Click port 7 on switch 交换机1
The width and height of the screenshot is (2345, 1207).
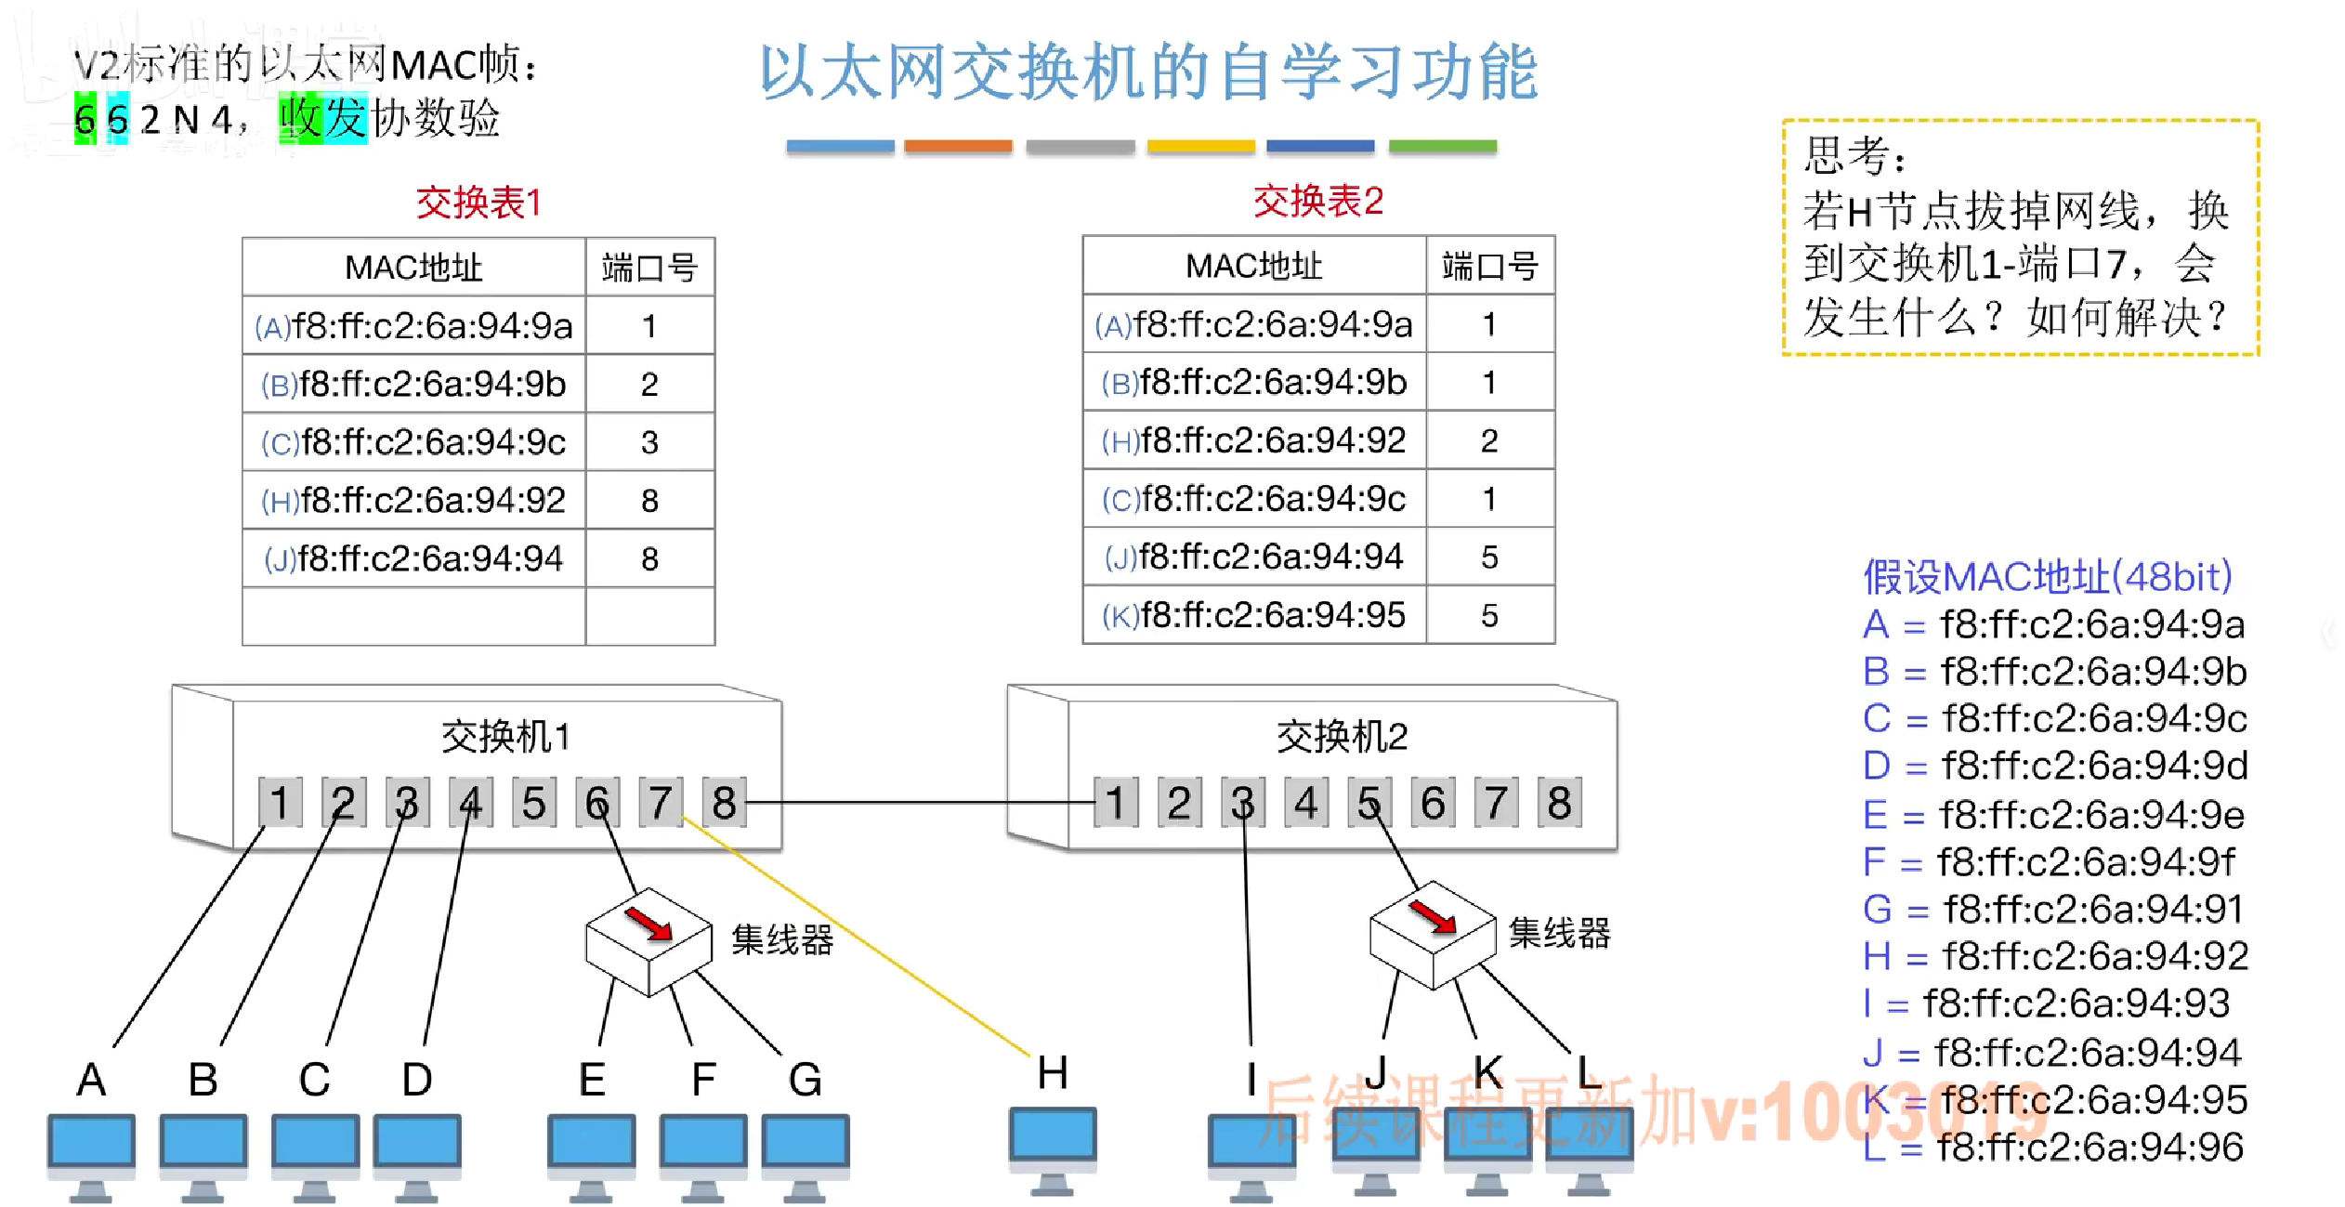pos(660,802)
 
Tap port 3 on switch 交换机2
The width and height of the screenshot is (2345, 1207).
pos(1242,802)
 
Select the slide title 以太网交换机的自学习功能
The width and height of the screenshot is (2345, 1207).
pos(1148,72)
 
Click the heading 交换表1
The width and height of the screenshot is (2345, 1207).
pos(478,203)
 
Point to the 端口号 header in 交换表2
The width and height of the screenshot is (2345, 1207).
pos(1489,266)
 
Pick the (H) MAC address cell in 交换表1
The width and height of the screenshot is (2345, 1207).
pos(413,501)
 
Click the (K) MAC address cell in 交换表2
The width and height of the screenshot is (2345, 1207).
pos(1253,615)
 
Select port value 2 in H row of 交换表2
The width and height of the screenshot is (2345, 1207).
pos(1489,440)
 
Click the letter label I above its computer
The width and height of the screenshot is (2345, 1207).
pos(1251,1079)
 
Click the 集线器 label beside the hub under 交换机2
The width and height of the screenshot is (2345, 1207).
pos(1558,933)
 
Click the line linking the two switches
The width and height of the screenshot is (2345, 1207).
pos(920,802)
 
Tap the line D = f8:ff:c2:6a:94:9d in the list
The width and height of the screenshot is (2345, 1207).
pos(2055,767)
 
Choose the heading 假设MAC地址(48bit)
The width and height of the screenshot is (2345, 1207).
pos(2047,577)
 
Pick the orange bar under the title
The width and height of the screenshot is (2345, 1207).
pos(958,146)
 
